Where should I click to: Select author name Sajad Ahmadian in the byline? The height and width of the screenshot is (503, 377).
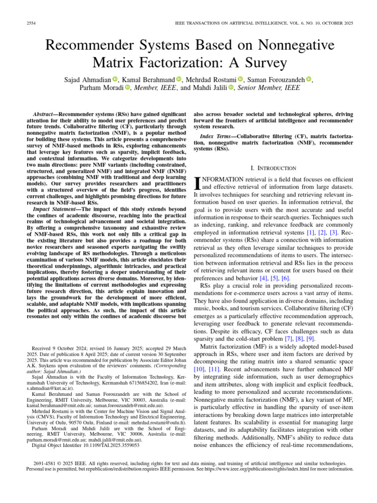87,80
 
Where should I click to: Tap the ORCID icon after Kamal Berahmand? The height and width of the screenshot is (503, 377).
179,80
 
